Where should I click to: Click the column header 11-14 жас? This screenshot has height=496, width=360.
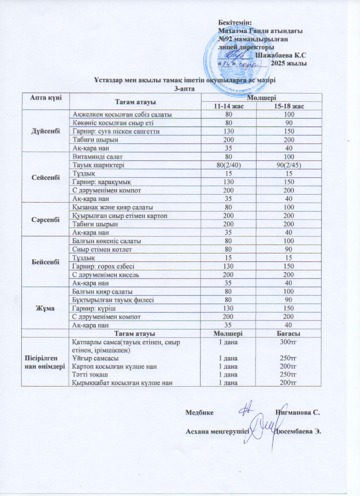229,106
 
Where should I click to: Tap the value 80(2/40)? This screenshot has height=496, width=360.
229,164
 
